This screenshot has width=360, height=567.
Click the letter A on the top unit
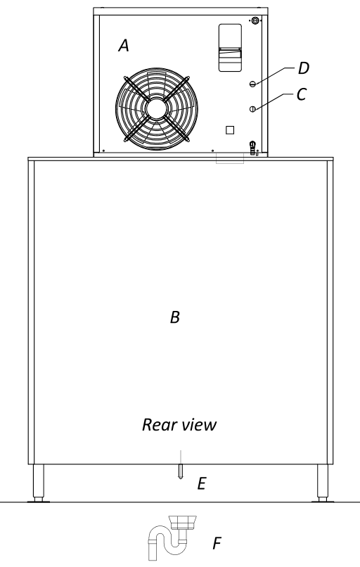pos(124,46)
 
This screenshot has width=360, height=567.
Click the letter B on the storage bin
pos(175,317)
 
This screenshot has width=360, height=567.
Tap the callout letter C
pos(302,94)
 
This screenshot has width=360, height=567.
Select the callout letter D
pos(304,68)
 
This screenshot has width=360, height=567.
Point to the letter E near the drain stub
pos(202,483)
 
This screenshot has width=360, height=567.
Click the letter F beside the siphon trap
pos(217,543)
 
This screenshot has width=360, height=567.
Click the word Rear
pos(158,424)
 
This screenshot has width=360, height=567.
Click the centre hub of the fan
pos(157,108)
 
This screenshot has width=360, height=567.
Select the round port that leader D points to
pos(252,84)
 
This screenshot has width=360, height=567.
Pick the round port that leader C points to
pos(252,109)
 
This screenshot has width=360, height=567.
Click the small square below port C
pos(230,130)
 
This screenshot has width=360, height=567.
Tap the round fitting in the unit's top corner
pos(255,20)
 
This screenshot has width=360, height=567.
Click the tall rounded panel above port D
pos(230,48)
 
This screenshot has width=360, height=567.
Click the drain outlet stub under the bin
pos(181,471)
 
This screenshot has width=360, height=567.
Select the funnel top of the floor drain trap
pos(183,522)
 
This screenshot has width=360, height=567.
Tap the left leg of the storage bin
pos(38,483)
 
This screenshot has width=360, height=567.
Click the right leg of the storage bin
pos(323,483)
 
